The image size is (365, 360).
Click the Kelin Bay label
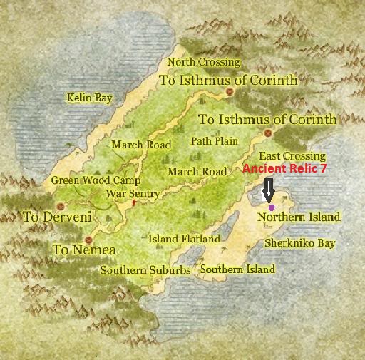point(89,98)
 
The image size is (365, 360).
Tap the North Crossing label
point(203,63)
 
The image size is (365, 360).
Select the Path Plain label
point(214,141)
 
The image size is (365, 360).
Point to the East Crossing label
point(292,156)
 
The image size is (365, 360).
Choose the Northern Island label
point(299,217)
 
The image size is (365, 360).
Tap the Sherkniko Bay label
point(299,243)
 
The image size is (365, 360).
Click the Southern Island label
point(237,269)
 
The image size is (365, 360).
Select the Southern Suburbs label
point(145,271)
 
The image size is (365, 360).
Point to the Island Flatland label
point(184,240)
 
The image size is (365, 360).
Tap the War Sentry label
point(133,194)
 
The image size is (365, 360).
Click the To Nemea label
point(84,250)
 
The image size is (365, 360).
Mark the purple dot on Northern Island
point(271,207)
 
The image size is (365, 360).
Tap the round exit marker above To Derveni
point(70,205)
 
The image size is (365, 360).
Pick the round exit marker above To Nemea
point(88,240)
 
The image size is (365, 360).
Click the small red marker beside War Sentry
point(133,202)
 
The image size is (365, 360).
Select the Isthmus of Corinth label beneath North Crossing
point(228,81)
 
